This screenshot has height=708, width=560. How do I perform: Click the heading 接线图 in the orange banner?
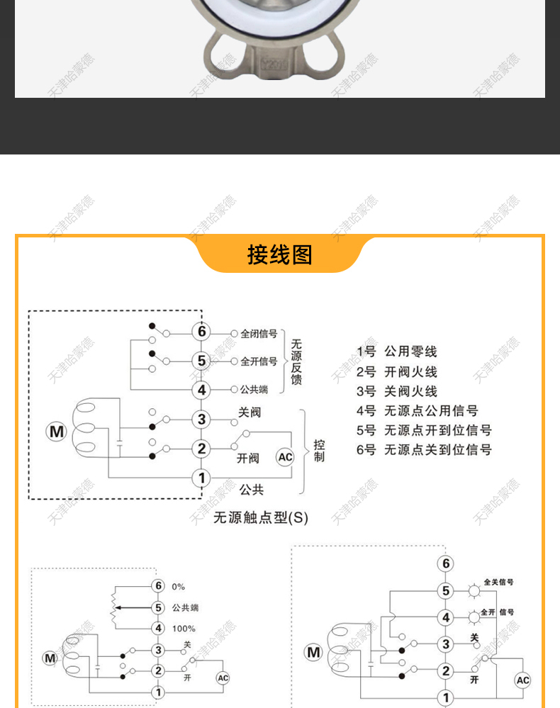click(279, 254)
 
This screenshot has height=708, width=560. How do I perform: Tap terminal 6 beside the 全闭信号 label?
click(201, 332)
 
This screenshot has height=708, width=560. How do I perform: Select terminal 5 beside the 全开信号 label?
click(201, 361)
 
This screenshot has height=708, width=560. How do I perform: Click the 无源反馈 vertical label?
click(296, 361)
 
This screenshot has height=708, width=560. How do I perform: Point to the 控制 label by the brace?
click(320, 451)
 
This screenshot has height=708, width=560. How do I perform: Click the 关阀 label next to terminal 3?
click(250, 412)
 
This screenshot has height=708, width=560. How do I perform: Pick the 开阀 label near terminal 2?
click(249, 459)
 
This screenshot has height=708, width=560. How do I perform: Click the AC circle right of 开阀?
click(285, 457)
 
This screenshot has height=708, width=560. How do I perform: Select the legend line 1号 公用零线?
click(397, 352)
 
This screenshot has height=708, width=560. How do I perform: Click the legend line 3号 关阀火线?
click(397, 391)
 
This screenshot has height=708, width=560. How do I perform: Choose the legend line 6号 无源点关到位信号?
click(424, 449)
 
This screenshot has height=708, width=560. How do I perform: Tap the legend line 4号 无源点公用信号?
click(417, 410)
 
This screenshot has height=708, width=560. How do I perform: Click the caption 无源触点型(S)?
click(261, 517)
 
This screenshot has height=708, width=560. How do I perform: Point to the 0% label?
click(178, 587)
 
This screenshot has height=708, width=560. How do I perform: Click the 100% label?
click(184, 629)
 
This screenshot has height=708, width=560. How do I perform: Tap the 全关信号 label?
click(499, 582)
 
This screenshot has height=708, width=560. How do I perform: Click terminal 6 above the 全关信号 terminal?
click(445, 564)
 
